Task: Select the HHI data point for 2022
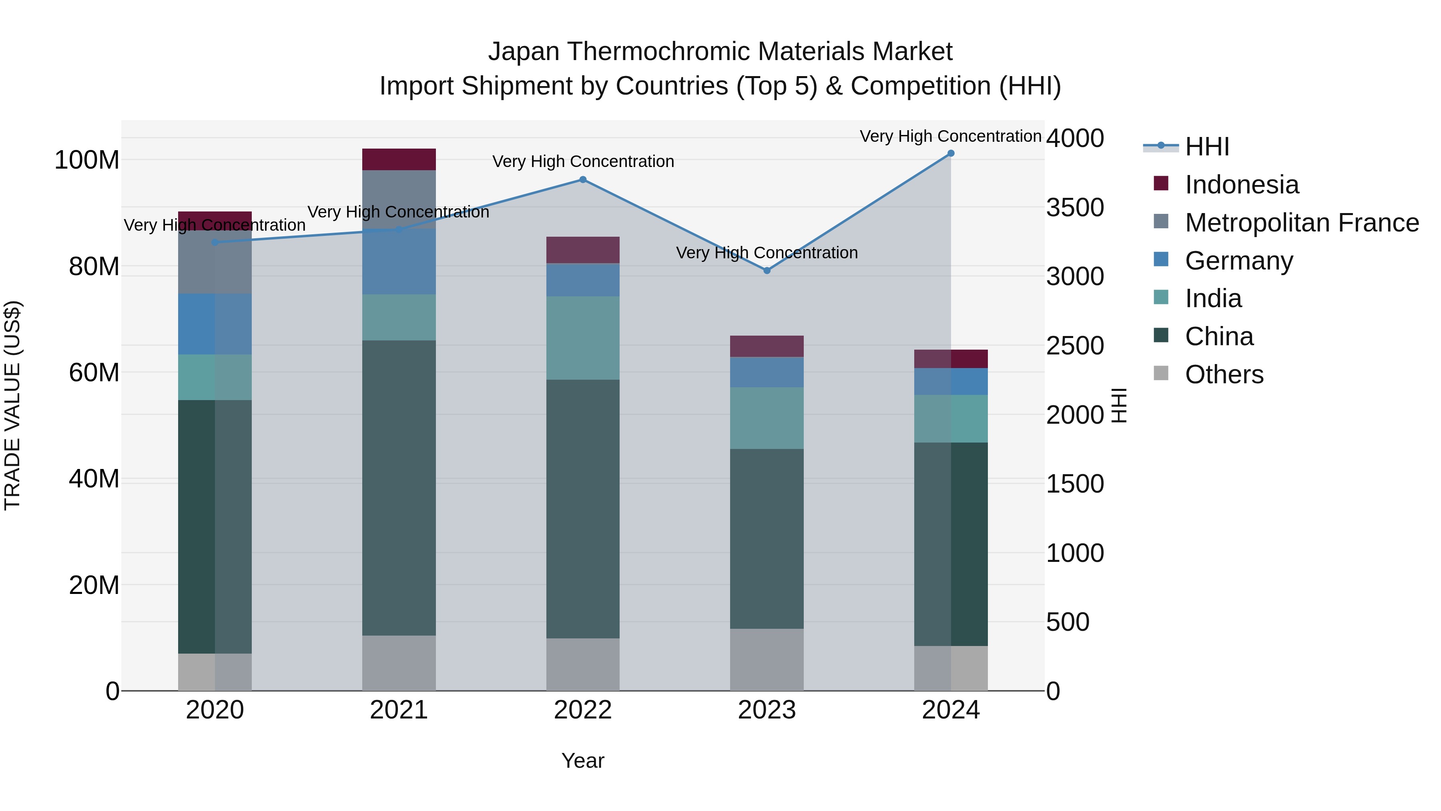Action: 582,180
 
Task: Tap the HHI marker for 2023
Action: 767,270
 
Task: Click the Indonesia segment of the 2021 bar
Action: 398,159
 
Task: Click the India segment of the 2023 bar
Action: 767,418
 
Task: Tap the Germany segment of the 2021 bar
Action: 398,262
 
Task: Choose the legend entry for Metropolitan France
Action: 1301,223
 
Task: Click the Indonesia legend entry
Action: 1241,185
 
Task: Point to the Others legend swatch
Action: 1161,373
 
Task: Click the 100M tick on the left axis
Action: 87,160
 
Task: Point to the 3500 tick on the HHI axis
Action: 1075,207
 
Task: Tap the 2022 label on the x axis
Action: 582,710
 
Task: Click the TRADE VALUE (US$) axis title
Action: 12,405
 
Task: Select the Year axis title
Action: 582,761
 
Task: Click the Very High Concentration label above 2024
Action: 950,136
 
